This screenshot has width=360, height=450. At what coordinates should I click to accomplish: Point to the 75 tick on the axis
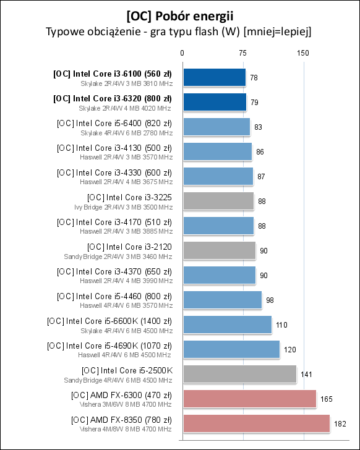[x=242, y=53]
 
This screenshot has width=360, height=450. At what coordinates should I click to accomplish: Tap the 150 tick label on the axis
[x=303, y=53]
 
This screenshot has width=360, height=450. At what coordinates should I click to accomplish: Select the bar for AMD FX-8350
[x=255, y=423]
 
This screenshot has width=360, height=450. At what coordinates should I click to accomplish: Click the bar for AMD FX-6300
[x=249, y=399]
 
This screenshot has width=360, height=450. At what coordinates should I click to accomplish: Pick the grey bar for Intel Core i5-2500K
[x=239, y=374]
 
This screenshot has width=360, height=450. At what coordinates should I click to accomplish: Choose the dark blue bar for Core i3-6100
[x=214, y=77]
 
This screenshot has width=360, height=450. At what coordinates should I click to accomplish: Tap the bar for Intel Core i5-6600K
[x=227, y=325]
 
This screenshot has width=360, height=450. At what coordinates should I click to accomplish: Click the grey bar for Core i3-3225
[x=218, y=201]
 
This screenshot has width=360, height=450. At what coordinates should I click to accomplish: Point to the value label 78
[x=254, y=78]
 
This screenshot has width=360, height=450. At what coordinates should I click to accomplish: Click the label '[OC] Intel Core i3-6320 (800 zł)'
[x=113, y=98]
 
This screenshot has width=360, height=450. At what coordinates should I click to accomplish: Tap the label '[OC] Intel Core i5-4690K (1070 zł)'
[x=109, y=346]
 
